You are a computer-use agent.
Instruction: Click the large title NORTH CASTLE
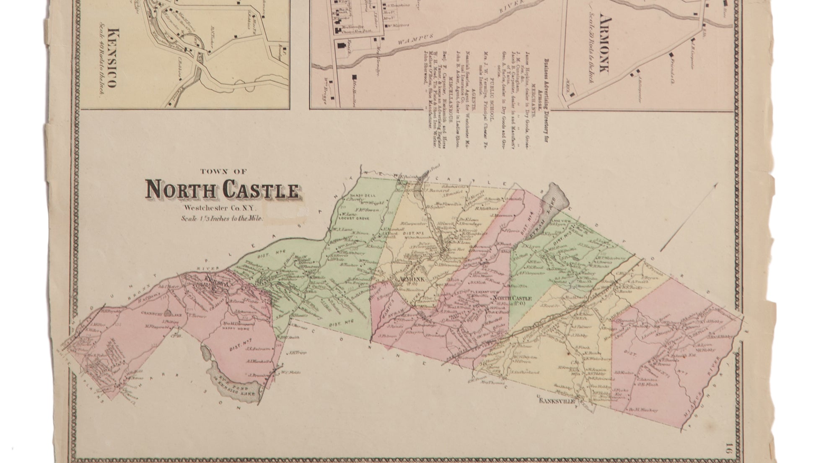click(223, 190)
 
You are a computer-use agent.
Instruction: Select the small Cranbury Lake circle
click(167, 312)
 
